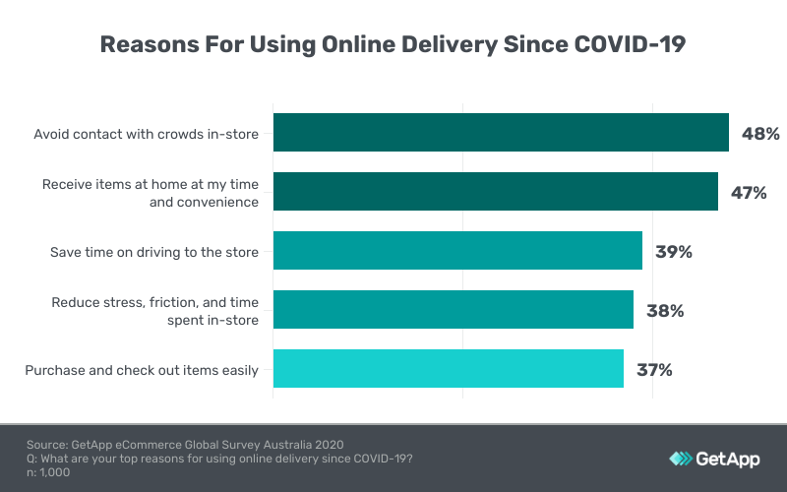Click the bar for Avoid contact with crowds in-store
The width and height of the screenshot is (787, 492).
501,133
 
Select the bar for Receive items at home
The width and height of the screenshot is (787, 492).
495,192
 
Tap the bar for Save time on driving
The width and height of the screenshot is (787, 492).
457,251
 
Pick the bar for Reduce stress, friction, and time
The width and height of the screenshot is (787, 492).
453,310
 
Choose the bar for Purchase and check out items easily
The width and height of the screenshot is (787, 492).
448,369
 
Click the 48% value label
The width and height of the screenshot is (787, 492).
760,134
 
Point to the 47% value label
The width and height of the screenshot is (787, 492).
749,193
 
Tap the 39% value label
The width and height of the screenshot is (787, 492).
674,252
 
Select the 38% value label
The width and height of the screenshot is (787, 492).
665,311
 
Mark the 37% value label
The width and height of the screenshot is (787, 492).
654,370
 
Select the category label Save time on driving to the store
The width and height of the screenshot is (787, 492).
154,252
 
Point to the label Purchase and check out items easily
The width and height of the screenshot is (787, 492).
142,370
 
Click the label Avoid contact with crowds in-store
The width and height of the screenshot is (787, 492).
147,134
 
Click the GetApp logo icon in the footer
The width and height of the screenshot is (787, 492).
681,459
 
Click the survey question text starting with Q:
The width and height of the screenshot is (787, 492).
219,459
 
